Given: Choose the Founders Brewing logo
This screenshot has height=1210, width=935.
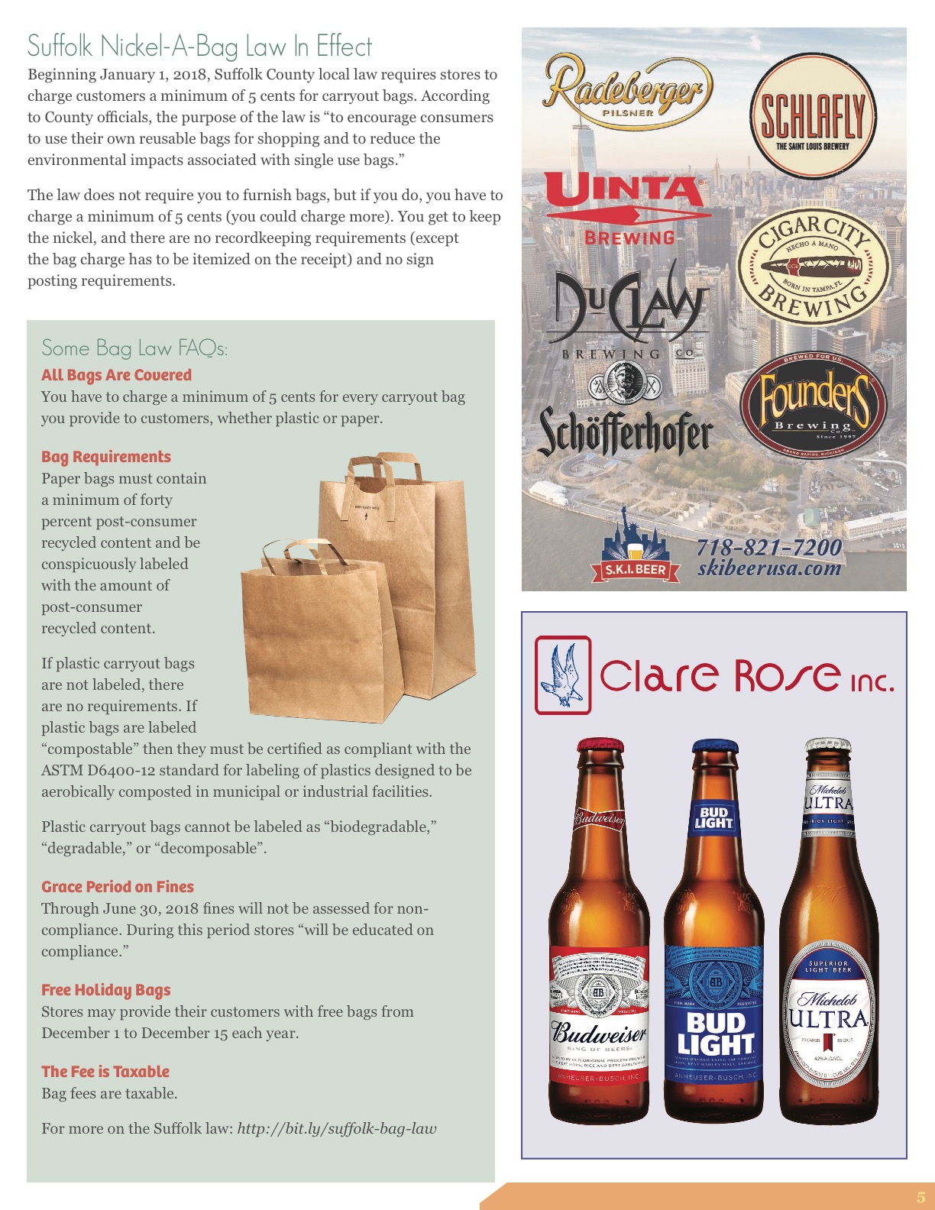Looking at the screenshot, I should point(813,403).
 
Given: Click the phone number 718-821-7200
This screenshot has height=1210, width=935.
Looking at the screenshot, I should point(768,547).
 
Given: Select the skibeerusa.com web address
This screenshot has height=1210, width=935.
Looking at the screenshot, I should point(768,568).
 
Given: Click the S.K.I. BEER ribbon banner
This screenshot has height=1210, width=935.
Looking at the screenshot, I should point(635,570).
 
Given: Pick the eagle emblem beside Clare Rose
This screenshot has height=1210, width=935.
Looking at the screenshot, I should point(563,675).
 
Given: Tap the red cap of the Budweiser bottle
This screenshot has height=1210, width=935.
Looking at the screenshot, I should point(600,746).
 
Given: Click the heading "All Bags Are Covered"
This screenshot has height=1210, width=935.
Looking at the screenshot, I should point(116,375).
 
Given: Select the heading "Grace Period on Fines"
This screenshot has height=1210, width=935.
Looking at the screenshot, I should point(118,887).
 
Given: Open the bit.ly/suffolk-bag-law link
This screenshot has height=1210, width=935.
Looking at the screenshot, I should point(337,1128).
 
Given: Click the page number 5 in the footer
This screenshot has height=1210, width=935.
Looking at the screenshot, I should point(920,1197).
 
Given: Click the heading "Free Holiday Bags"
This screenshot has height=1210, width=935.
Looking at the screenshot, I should point(106,990).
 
